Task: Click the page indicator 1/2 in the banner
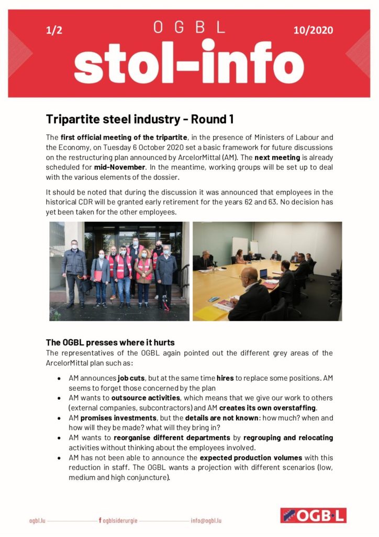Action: (x=54, y=30)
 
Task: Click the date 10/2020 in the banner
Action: (x=313, y=30)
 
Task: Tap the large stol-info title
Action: (x=189, y=64)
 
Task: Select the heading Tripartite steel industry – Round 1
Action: (x=139, y=119)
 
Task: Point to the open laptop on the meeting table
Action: (x=263, y=274)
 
